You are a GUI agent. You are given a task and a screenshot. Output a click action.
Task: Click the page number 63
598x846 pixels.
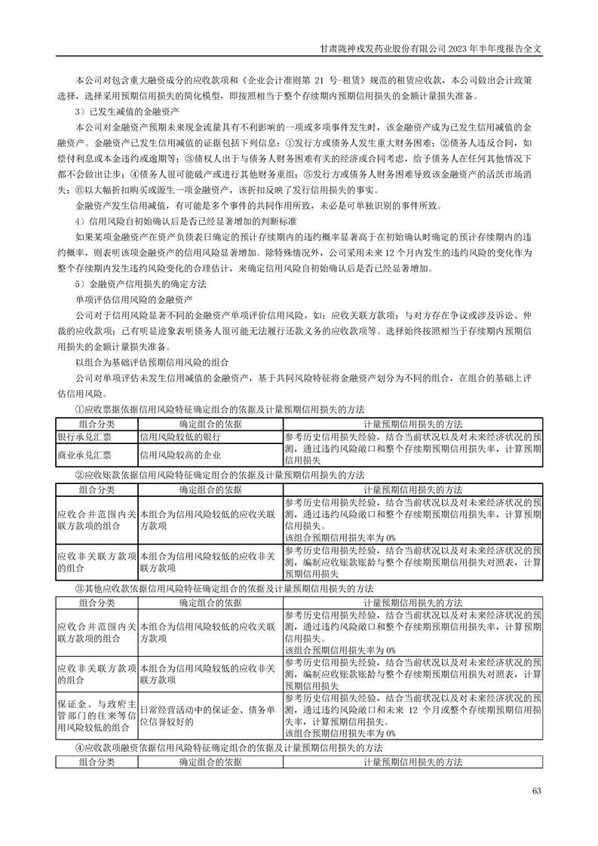(x=537, y=791)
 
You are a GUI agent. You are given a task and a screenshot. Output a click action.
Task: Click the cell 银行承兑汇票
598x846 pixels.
(x=84, y=437)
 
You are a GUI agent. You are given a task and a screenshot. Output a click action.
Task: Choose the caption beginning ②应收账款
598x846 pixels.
(x=219, y=475)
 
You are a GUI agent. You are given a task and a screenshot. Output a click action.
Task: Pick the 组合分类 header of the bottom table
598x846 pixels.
(x=97, y=762)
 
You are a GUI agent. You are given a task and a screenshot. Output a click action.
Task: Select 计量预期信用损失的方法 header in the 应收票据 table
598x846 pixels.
(x=412, y=424)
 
